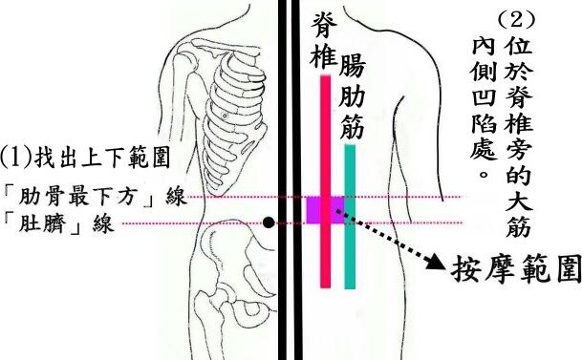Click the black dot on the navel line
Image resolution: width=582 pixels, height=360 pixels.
[x=269, y=222]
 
